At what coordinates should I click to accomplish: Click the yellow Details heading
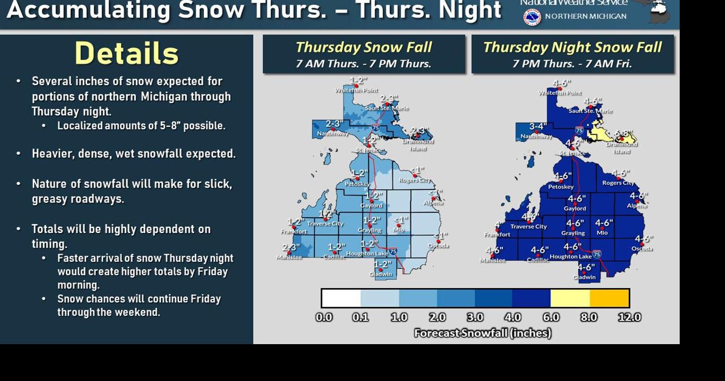[126, 54]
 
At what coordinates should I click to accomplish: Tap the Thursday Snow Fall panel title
[363, 48]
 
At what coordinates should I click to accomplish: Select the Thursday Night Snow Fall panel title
[572, 48]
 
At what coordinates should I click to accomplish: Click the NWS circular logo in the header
[532, 17]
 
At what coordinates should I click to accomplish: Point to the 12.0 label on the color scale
[629, 317]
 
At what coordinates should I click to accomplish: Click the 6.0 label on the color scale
[551, 317]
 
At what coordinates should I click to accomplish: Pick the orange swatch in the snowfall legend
[609, 298]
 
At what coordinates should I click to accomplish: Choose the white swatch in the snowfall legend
[342, 298]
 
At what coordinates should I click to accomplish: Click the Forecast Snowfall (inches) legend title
[483, 333]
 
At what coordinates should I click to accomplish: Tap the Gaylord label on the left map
[371, 206]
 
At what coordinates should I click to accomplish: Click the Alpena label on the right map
[637, 206]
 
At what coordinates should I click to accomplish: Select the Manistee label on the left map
[289, 257]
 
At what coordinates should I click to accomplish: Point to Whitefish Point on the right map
[560, 92]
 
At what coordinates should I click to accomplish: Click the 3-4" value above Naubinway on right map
[538, 126]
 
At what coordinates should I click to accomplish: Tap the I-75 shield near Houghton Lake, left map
[393, 251]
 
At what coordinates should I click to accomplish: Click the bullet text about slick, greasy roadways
[132, 191]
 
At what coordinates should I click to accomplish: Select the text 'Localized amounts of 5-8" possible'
[141, 126]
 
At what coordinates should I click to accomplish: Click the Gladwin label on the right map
[584, 277]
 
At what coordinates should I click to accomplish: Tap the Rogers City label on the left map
[415, 180]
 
